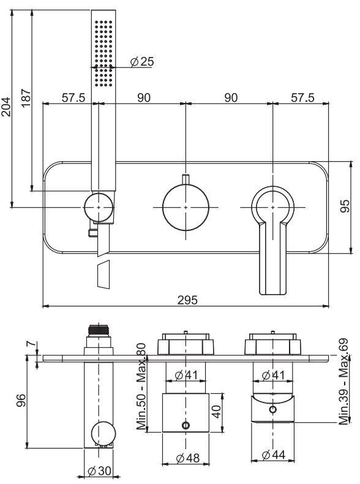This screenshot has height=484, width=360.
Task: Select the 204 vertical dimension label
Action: click(x=7, y=108)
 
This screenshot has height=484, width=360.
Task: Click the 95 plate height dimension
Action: click(x=345, y=206)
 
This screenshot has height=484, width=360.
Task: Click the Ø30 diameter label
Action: click(x=100, y=471)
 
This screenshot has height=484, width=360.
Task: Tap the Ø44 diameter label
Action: click(x=274, y=455)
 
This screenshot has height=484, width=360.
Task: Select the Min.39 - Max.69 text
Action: click(x=343, y=380)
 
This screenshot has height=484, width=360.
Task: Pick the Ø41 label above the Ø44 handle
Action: click(x=273, y=375)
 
